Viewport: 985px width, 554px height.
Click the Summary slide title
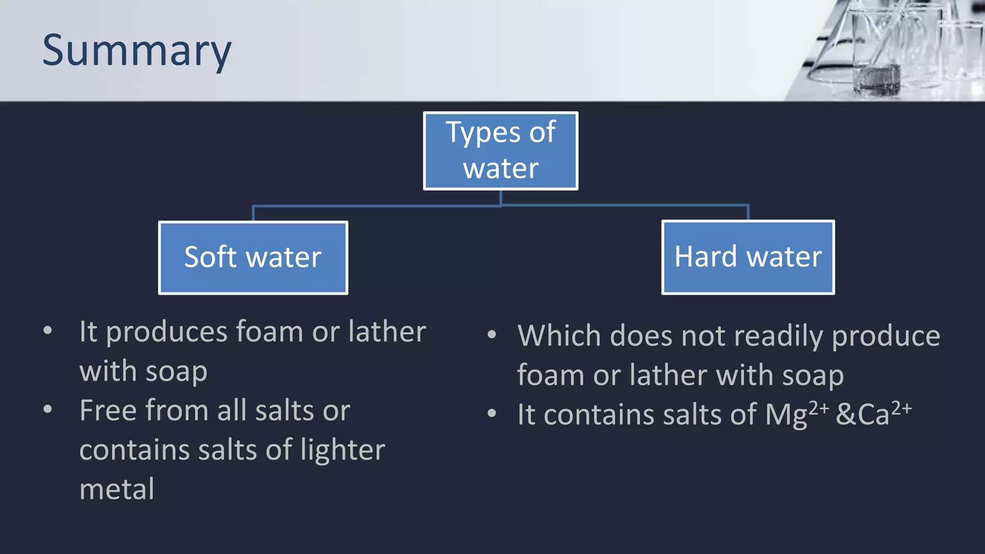[x=137, y=51]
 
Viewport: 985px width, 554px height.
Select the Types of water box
[x=500, y=151]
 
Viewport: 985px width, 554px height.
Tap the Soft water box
[x=253, y=257]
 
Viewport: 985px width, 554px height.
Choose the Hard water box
[x=748, y=257]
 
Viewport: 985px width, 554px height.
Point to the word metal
[x=117, y=490]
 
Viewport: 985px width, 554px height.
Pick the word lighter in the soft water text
[x=342, y=450]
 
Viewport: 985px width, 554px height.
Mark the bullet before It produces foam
[x=48, y=331]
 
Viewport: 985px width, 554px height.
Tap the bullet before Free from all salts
[x=48, y=410]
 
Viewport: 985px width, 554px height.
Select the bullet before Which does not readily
[x=492, y=335]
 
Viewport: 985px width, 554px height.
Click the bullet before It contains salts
[x=492, y=413]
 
